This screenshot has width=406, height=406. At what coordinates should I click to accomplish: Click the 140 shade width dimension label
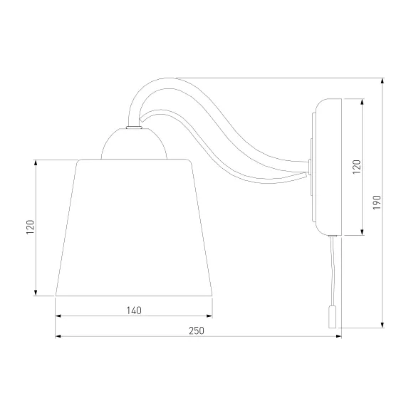pyautogui.click(x=134, y=310)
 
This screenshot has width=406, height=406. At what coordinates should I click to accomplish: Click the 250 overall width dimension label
pyautogui.click(x=197, y=330)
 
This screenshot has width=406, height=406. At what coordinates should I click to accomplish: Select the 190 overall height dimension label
pyautogui.click(x=377, y=202)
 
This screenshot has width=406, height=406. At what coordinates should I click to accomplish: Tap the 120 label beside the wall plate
pyautogui.click(x=357, y=167)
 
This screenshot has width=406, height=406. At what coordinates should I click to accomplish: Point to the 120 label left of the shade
pyautogui.click(x=31, y=227)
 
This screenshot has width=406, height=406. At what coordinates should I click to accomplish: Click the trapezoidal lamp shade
pyautogui.click(x=134, y=227)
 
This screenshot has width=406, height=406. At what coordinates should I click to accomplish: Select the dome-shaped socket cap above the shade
pyautogui.click(x=134, y=143)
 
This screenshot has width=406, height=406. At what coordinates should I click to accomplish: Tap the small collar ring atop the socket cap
pyautogui.click(x=134, y=127)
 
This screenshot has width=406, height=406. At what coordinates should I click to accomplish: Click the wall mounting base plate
pyautogui.click(x=328, y=167)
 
